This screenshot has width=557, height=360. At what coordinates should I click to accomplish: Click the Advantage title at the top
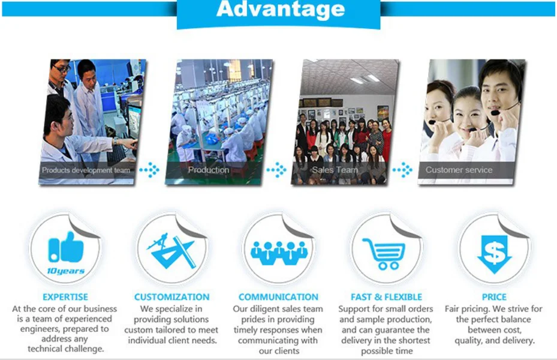[x=280, y=9]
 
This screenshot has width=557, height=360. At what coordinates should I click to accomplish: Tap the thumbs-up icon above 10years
[x=66, y=248]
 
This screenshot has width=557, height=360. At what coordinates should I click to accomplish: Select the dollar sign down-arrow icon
[x=494, y=254]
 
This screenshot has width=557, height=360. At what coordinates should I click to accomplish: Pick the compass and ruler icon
[x=172, y=251]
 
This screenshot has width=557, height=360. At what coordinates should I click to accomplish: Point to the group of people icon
[x=279, y=253]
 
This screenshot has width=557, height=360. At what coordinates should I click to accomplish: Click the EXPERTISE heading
[x=65, y=297]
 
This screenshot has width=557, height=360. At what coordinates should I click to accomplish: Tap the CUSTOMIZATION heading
[x=172, y=297]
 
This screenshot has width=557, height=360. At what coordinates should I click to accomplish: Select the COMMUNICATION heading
[x=278, y=297]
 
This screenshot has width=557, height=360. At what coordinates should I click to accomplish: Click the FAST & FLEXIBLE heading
[x=387, y=297]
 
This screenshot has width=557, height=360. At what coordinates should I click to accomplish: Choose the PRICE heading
[x=494, y=297]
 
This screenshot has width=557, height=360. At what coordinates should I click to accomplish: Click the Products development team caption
[x=86, y=170]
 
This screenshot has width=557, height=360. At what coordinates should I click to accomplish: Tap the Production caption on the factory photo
[x=209, y=170]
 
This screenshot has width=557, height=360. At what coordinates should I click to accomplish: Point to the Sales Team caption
[x=335, y=170]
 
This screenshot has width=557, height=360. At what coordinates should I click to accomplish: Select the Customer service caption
[x=459, y=170]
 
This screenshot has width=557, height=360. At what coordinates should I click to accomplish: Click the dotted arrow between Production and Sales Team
[x=276, y=170]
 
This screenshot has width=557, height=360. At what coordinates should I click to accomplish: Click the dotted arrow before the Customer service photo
[x=402, y=170]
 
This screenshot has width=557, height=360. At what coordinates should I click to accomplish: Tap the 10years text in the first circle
[x=66, y=271]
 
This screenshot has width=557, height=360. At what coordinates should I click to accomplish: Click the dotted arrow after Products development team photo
[x=149, y=170]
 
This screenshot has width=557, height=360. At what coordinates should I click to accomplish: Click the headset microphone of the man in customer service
[x=495, y=113]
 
